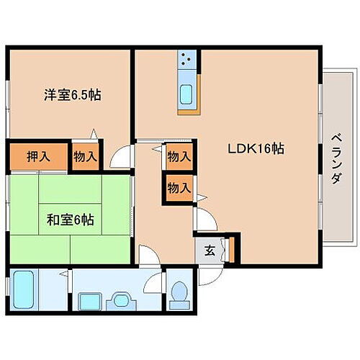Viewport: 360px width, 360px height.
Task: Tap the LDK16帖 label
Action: pos(256,149)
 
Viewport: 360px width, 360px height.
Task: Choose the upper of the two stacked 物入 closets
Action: pos(179,156)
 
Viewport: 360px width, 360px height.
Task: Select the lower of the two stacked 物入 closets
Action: pos(179,188)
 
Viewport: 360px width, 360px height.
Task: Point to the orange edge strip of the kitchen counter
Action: pos(186,111)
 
